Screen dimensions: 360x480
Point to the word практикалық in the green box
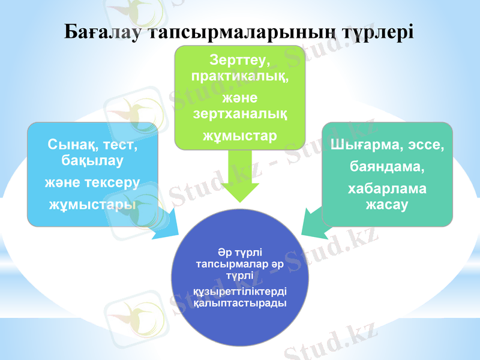pos(239,77)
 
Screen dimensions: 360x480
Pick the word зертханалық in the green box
pos(239,112)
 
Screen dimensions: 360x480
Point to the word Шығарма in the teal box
pos(362,145)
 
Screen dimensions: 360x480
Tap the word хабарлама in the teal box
pos(387,188)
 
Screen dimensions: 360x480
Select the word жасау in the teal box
pos(387,204)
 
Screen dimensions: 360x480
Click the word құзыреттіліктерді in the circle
pos(240,292)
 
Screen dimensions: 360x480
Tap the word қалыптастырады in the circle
pos(240,303)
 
